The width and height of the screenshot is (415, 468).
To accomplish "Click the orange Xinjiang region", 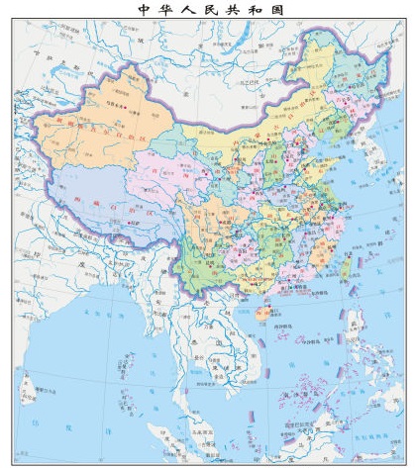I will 99,134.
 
